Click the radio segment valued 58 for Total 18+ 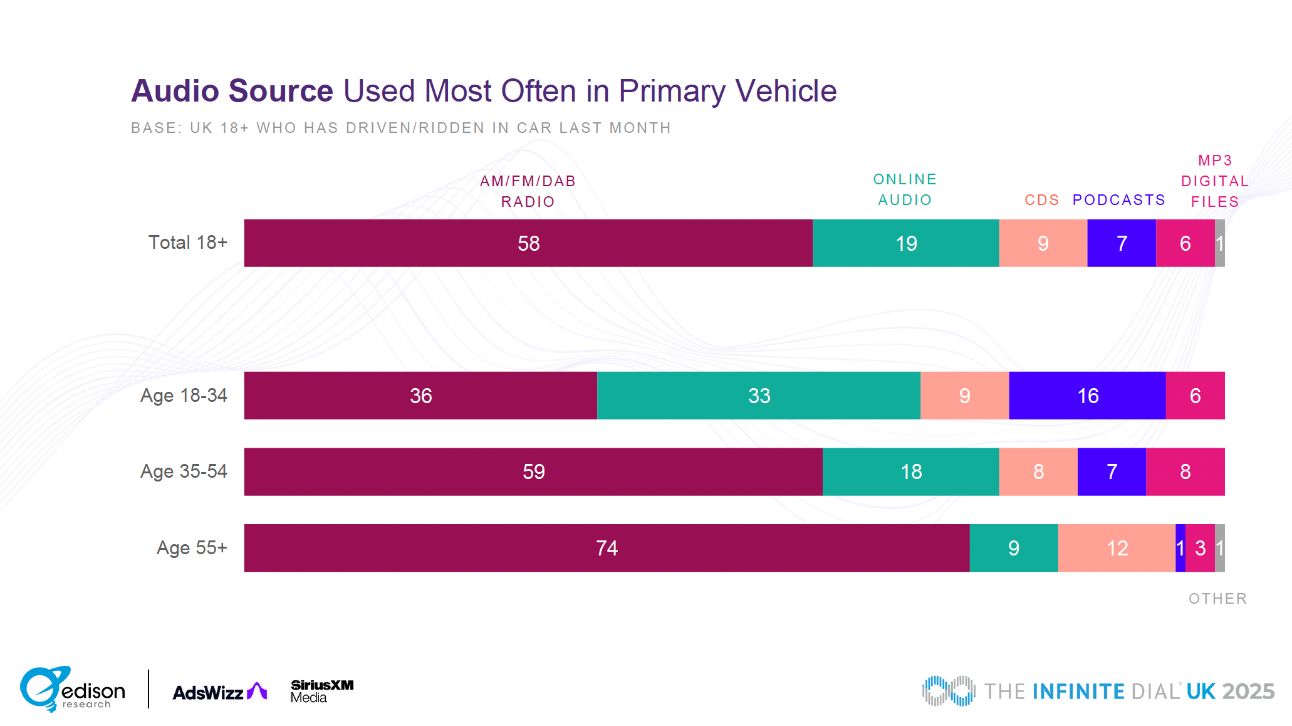[x=528, y=243]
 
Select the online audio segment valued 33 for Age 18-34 [x=758, y=396]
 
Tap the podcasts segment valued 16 [x=1087, y=396]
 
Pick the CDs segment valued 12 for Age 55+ [x=1117, y=548]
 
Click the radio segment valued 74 [x=607, y=548]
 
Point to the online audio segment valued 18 [x=910, y=471]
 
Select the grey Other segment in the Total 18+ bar [x=1220, y=243]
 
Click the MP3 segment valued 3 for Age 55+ [x=1200, y=548]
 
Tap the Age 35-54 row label [x=184, y=471]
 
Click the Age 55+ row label [x=192, y=548]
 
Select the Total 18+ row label [x=187, y=243]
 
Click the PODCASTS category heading [x=1118, y=200]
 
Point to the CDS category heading [x=1041, y=200]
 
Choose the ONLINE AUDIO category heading [x=905, y=189]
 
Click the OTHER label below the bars [x=1217, y=599]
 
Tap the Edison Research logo [x=72, y=689]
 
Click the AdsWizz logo [x=219, y=692]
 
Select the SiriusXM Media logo [x=321, y=691]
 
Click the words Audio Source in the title [x=232, y=91]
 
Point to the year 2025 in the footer [x=1248, y=692]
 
